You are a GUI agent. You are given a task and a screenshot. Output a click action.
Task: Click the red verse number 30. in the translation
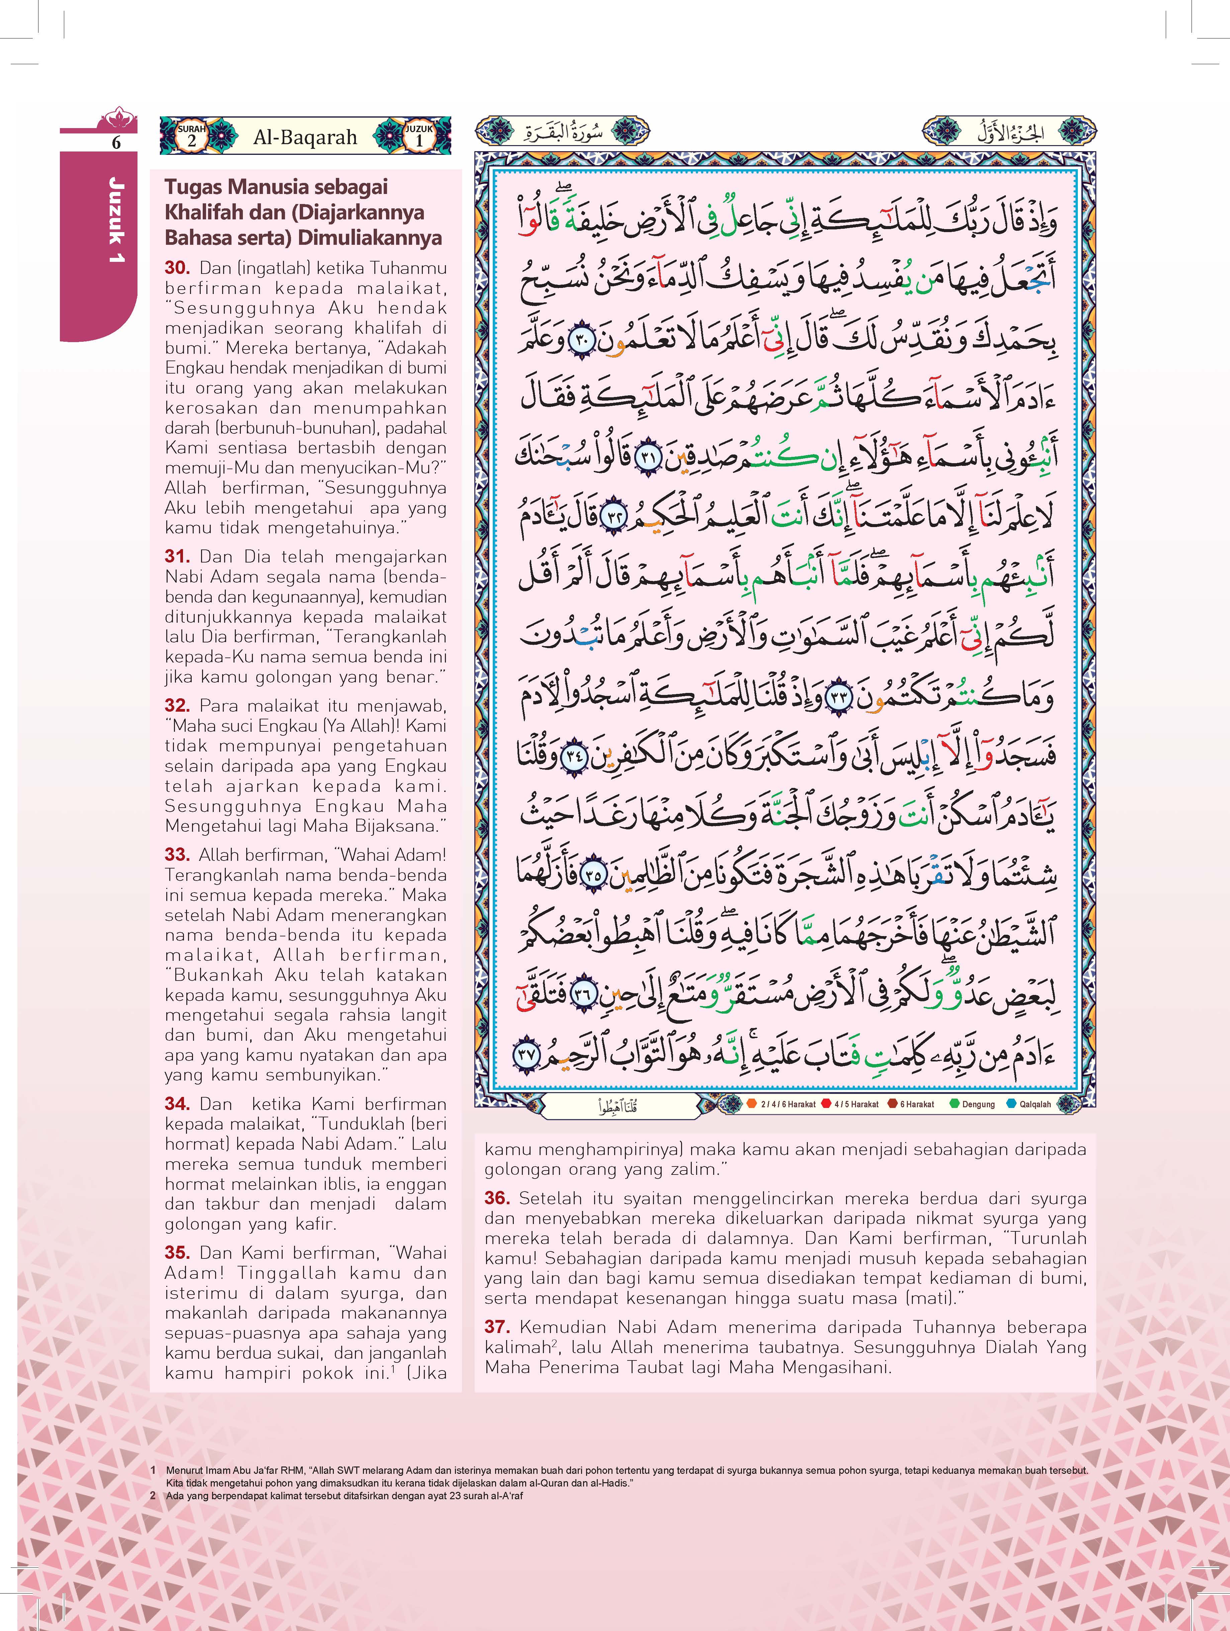(177, 269)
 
